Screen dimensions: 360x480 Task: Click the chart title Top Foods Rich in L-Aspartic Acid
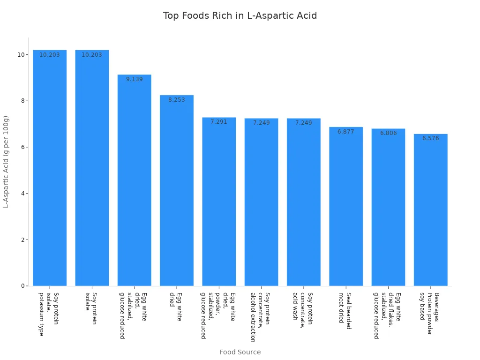[240, 15]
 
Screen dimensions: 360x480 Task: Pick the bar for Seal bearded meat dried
[346, 206]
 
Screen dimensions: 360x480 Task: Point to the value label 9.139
[135, 79]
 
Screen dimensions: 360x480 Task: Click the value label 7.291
[219, 122]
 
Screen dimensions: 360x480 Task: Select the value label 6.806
[388, 133]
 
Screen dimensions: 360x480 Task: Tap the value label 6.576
[430, 138]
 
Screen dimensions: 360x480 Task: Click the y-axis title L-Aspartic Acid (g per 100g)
[6, 162]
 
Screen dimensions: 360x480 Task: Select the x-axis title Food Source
[240, 352]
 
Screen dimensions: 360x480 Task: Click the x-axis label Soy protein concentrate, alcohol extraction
[260, 317]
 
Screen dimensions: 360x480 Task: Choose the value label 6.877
[346, 132]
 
